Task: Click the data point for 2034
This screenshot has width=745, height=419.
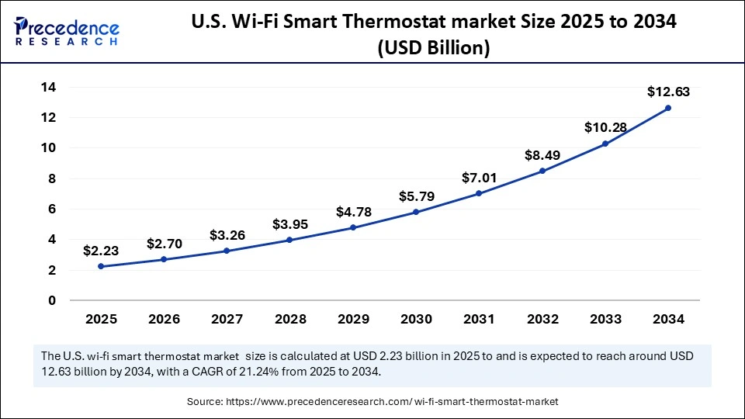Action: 668,108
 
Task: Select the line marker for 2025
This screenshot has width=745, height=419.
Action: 102,266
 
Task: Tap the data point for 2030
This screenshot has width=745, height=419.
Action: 417,212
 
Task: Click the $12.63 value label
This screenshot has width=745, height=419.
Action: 668,92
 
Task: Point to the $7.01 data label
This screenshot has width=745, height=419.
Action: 480,177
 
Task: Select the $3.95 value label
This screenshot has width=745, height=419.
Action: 290,224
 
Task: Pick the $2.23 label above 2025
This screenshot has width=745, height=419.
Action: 102,251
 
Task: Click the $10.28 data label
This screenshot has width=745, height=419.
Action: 605,127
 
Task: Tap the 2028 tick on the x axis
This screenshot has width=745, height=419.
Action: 290,319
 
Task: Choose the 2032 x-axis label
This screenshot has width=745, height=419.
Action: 542,319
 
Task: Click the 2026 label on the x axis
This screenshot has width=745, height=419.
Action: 165,319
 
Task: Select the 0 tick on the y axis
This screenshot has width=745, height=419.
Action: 52,300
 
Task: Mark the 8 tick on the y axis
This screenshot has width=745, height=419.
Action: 52,178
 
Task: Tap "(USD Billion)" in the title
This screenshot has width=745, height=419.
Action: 433,47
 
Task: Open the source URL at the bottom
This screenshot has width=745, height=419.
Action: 391,401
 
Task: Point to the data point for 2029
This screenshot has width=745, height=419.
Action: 353,227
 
